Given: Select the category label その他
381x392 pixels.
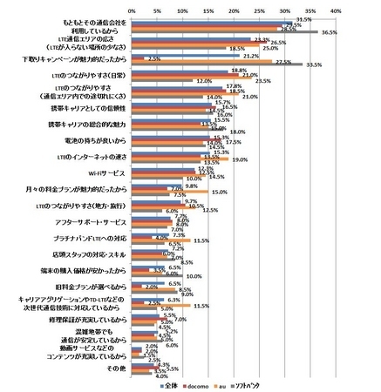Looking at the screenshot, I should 116,368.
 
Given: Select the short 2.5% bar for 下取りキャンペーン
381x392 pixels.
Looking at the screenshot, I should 138,58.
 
